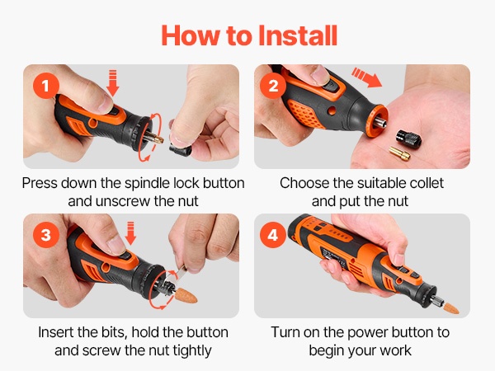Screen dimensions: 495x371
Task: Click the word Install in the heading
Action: [298, 35]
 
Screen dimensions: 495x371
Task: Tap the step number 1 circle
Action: [46, 86]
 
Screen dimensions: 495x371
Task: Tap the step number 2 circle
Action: [273, 86]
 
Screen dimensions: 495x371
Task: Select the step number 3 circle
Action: [46, 235]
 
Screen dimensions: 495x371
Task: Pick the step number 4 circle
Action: [273, 235]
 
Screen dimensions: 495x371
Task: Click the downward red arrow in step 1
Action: [113, 83]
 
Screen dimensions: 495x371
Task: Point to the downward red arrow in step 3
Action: [130, 232]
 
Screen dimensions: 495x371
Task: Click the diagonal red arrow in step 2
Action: [367, 77]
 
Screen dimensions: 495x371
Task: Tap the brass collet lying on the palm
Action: [399, 153]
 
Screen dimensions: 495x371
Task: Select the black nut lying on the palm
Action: [406, 137]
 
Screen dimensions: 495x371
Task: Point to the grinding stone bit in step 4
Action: [450, 308]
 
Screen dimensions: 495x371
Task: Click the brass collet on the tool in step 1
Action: [155, 138]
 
